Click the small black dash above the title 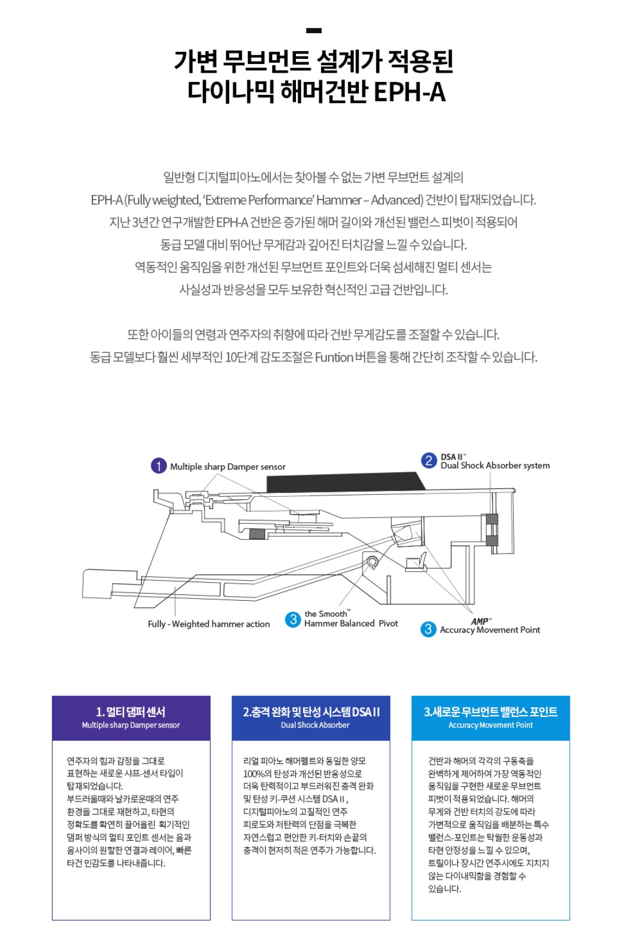pos(313,31)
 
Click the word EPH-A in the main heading pos(409,92)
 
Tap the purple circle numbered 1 pos(159,466)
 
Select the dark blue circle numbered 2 pos(429,461)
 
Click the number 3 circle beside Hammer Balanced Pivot pos(293,619)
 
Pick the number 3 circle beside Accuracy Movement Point pos(429,629)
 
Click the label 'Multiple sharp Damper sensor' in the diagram pos(227,466)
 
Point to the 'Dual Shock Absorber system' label pos(495,465)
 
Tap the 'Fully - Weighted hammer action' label pos(209,624)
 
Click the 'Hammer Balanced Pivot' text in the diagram pos(351,623)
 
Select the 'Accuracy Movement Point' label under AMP pos(490,630)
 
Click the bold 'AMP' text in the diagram pos(480,621)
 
